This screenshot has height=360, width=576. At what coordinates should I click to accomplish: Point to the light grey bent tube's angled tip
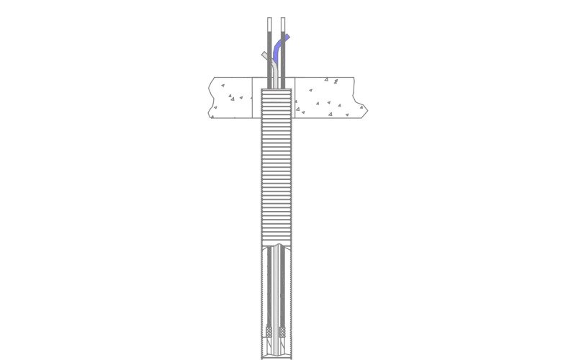[264, 55]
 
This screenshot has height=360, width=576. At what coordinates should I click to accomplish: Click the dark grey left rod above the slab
[270, 65]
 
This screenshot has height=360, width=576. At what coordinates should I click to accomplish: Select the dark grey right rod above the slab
[283, 68]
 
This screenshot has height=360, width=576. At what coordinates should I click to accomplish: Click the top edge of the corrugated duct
[276, 89]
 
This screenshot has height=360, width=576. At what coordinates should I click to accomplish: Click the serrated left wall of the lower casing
[262, 302]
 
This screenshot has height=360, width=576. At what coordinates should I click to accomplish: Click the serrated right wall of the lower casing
[292, 302]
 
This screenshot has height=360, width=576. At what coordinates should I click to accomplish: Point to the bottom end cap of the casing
[276, 357]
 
